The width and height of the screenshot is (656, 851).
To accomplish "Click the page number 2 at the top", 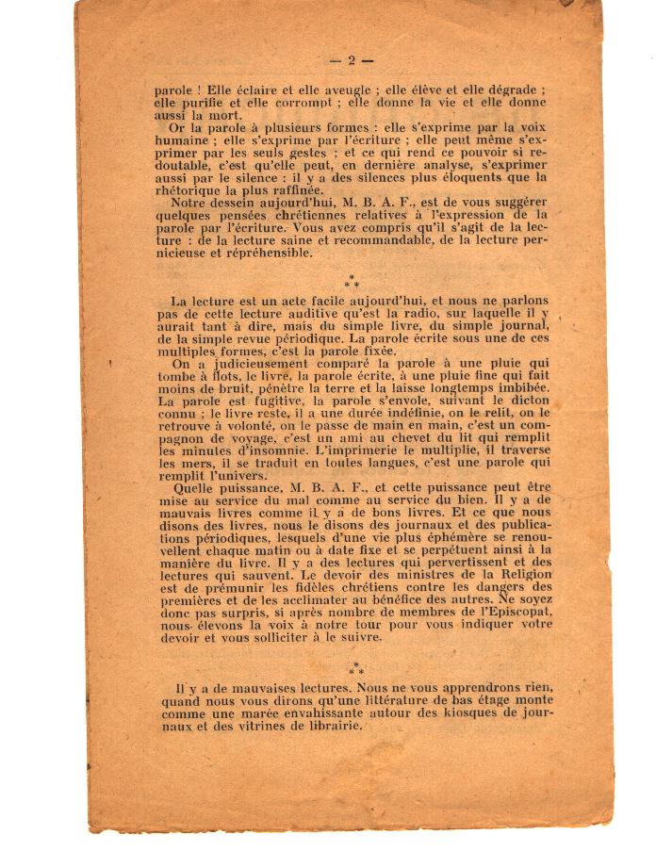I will [x=351, y=61].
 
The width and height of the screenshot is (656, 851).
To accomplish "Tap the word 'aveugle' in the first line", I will [x=299, y=90].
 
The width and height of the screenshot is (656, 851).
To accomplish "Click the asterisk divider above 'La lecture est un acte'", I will [x=351, y=282].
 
